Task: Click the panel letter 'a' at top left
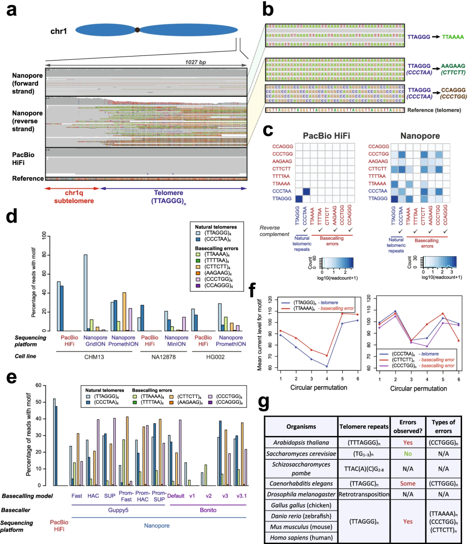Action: coord(11,10)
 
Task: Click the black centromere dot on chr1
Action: coord(137,30)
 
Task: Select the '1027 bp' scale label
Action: coord(195,62)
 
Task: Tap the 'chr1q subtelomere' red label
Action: coord(74,197)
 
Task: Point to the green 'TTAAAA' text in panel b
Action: coord(452,37)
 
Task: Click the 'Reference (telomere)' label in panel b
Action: coord(434,110)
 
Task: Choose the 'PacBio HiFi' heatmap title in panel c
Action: coord(327,136)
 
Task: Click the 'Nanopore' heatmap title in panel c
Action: coord(420,136)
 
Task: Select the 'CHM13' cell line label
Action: coord(94,357)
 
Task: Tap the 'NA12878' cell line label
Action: coord(164,357)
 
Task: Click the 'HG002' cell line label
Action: coord(215,357)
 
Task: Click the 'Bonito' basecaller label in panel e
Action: coord(208,510)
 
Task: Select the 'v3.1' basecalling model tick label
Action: coord(241,496)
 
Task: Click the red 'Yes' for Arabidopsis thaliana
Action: coord(408,443)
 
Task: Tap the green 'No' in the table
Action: coord(408,454)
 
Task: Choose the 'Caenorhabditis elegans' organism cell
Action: coord(301,484)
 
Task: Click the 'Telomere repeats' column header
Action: coord(364,427)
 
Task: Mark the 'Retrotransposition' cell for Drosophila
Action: coord(364,495)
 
